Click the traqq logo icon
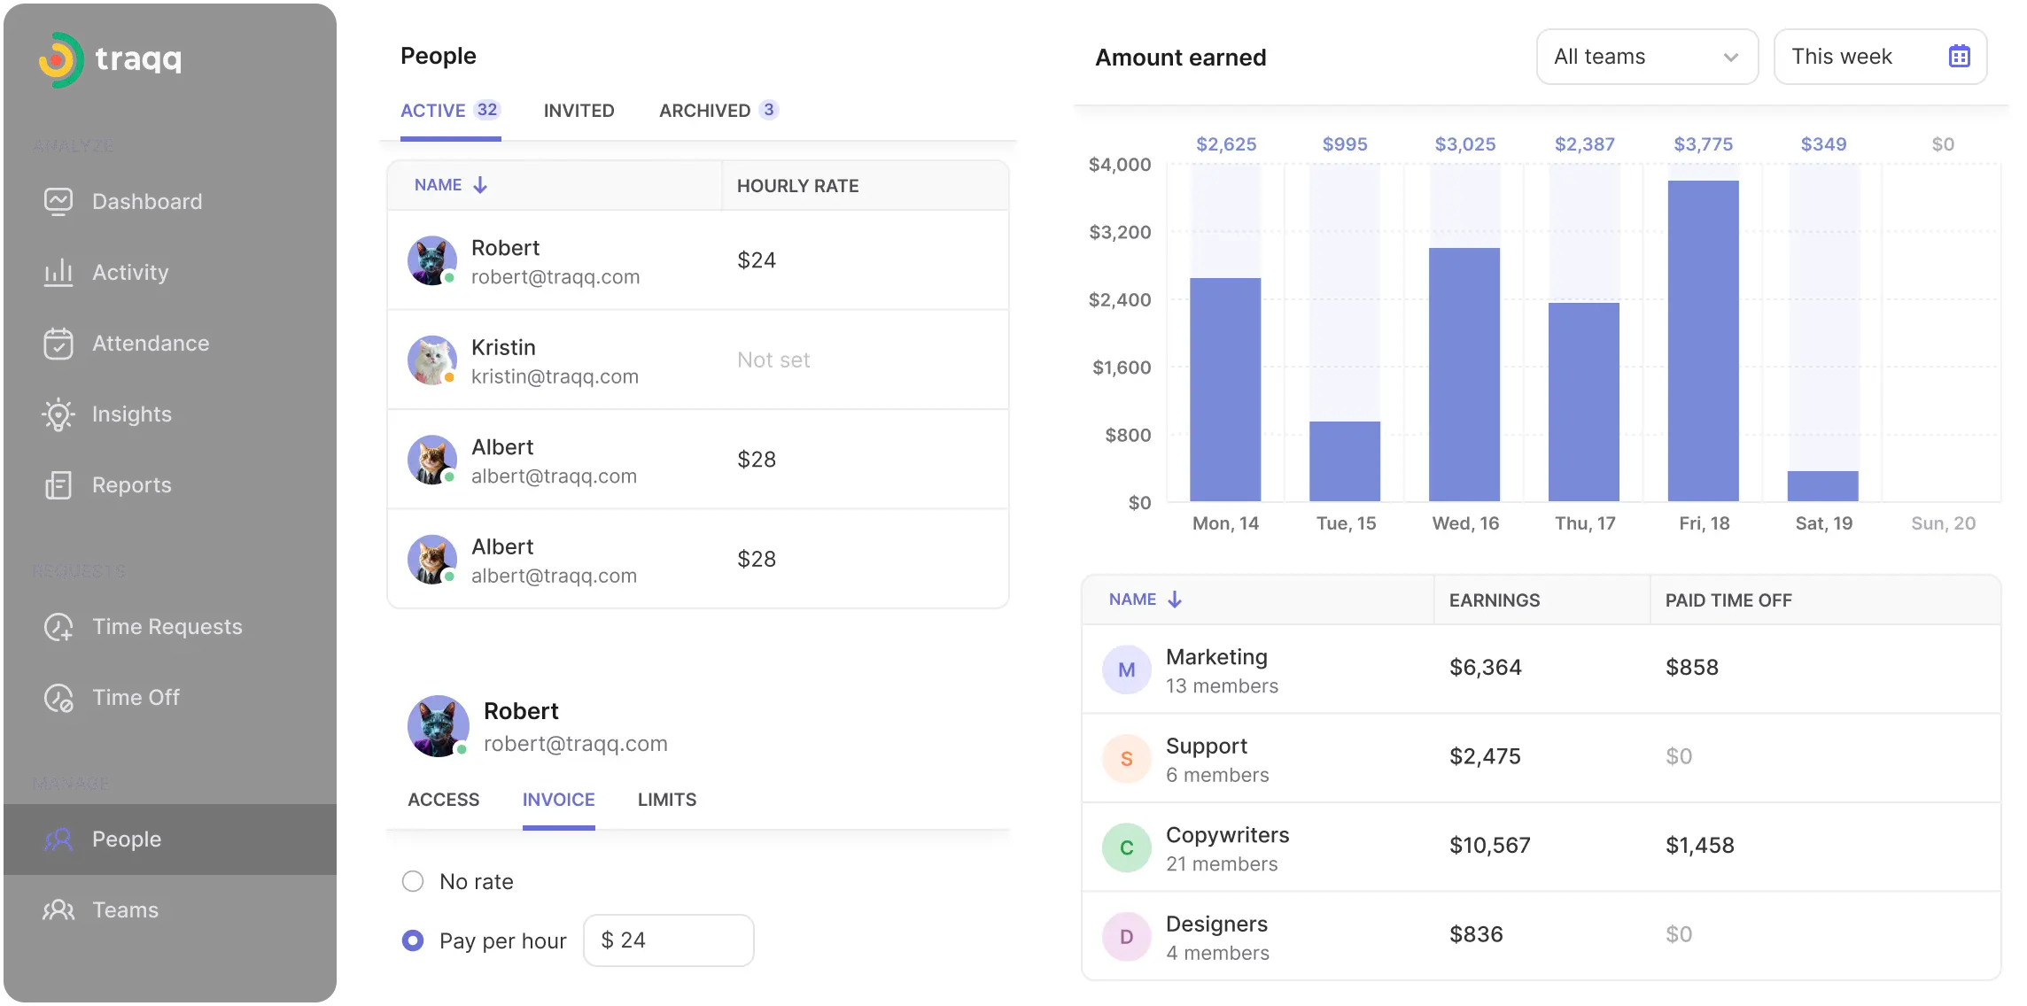(x=60, y=60)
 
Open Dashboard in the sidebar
(x=147, y=202)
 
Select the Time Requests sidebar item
(x=167, y=627)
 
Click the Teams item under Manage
(x=125, y=910)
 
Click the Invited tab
(x=579, y=111)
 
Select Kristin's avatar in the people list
(x=431, y=360)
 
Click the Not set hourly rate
(x=773, y=360)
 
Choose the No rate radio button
(x=413, y=881)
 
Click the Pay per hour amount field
(x=669, y=940)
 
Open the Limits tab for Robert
(x=667, y=800)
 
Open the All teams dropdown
(x=1647, y=57)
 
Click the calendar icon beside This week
(x=1959, y=57)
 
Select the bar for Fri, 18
(x=1703, y=341)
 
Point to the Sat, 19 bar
(x=1822, y=486)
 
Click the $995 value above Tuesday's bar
(x=1345, y=144)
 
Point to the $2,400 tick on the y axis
(x=1120, y=300)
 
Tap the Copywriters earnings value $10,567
(x=1490, y=846)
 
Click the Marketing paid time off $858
(x=1692, y=668)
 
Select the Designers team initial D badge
(x=1126, y=936)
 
